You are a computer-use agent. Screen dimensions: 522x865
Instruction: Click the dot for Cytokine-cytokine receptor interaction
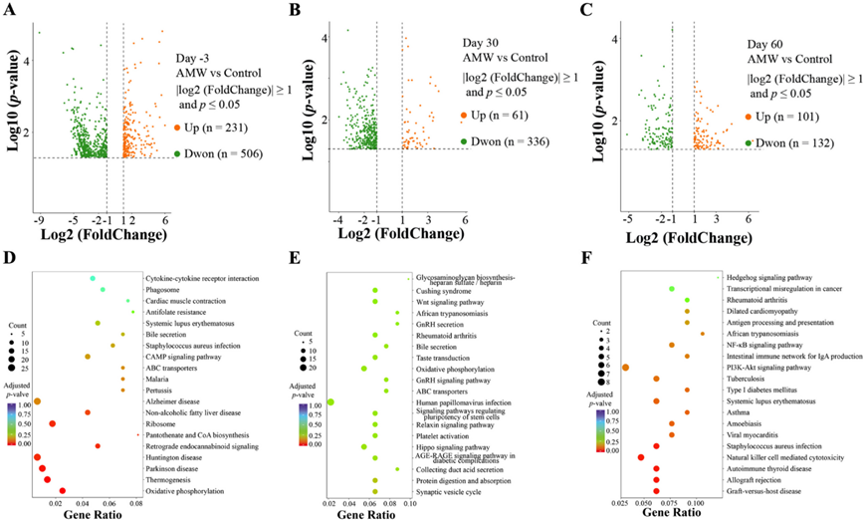click(x=93, y=278)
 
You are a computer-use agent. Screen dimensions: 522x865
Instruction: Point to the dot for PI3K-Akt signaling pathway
click(x=625, y=368)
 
